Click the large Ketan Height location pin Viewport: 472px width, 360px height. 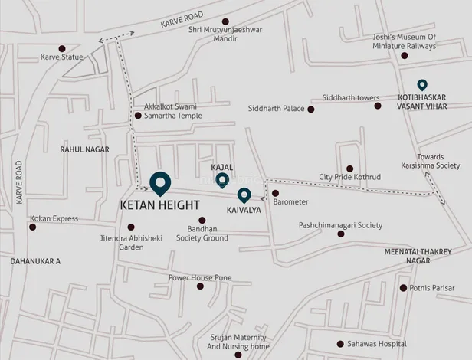(x=159, y=182)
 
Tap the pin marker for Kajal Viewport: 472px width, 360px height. (x=221, y=180)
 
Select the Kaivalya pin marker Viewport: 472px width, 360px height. (x=244, y=195)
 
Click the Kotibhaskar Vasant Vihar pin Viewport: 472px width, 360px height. (x=421, y=85)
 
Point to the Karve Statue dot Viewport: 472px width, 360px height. (x=62, y=49)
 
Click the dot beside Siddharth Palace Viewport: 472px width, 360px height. (x=310, y=110)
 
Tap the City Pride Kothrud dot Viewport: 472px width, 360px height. (x=349, y=169)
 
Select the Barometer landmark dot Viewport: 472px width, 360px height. (x=275, y=193)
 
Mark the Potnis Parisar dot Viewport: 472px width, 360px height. (x=403, y=288)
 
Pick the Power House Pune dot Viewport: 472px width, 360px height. (x=200, y=286)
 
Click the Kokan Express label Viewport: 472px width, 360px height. (x=54, y=218)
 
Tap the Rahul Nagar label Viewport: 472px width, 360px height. (x=84, y=149)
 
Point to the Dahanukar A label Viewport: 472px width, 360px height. (x=35, y=261)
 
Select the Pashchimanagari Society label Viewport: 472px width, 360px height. (x=340, y=225)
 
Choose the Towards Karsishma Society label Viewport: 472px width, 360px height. (x=430, y=160)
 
